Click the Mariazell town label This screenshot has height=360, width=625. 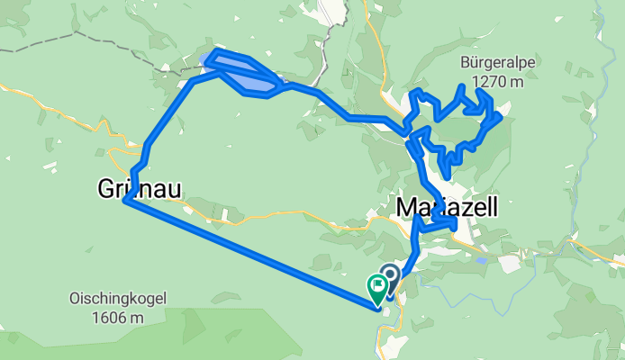pos(447,208)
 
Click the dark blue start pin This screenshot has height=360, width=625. pos(390,274)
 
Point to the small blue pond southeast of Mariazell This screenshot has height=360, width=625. pos(484,260)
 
